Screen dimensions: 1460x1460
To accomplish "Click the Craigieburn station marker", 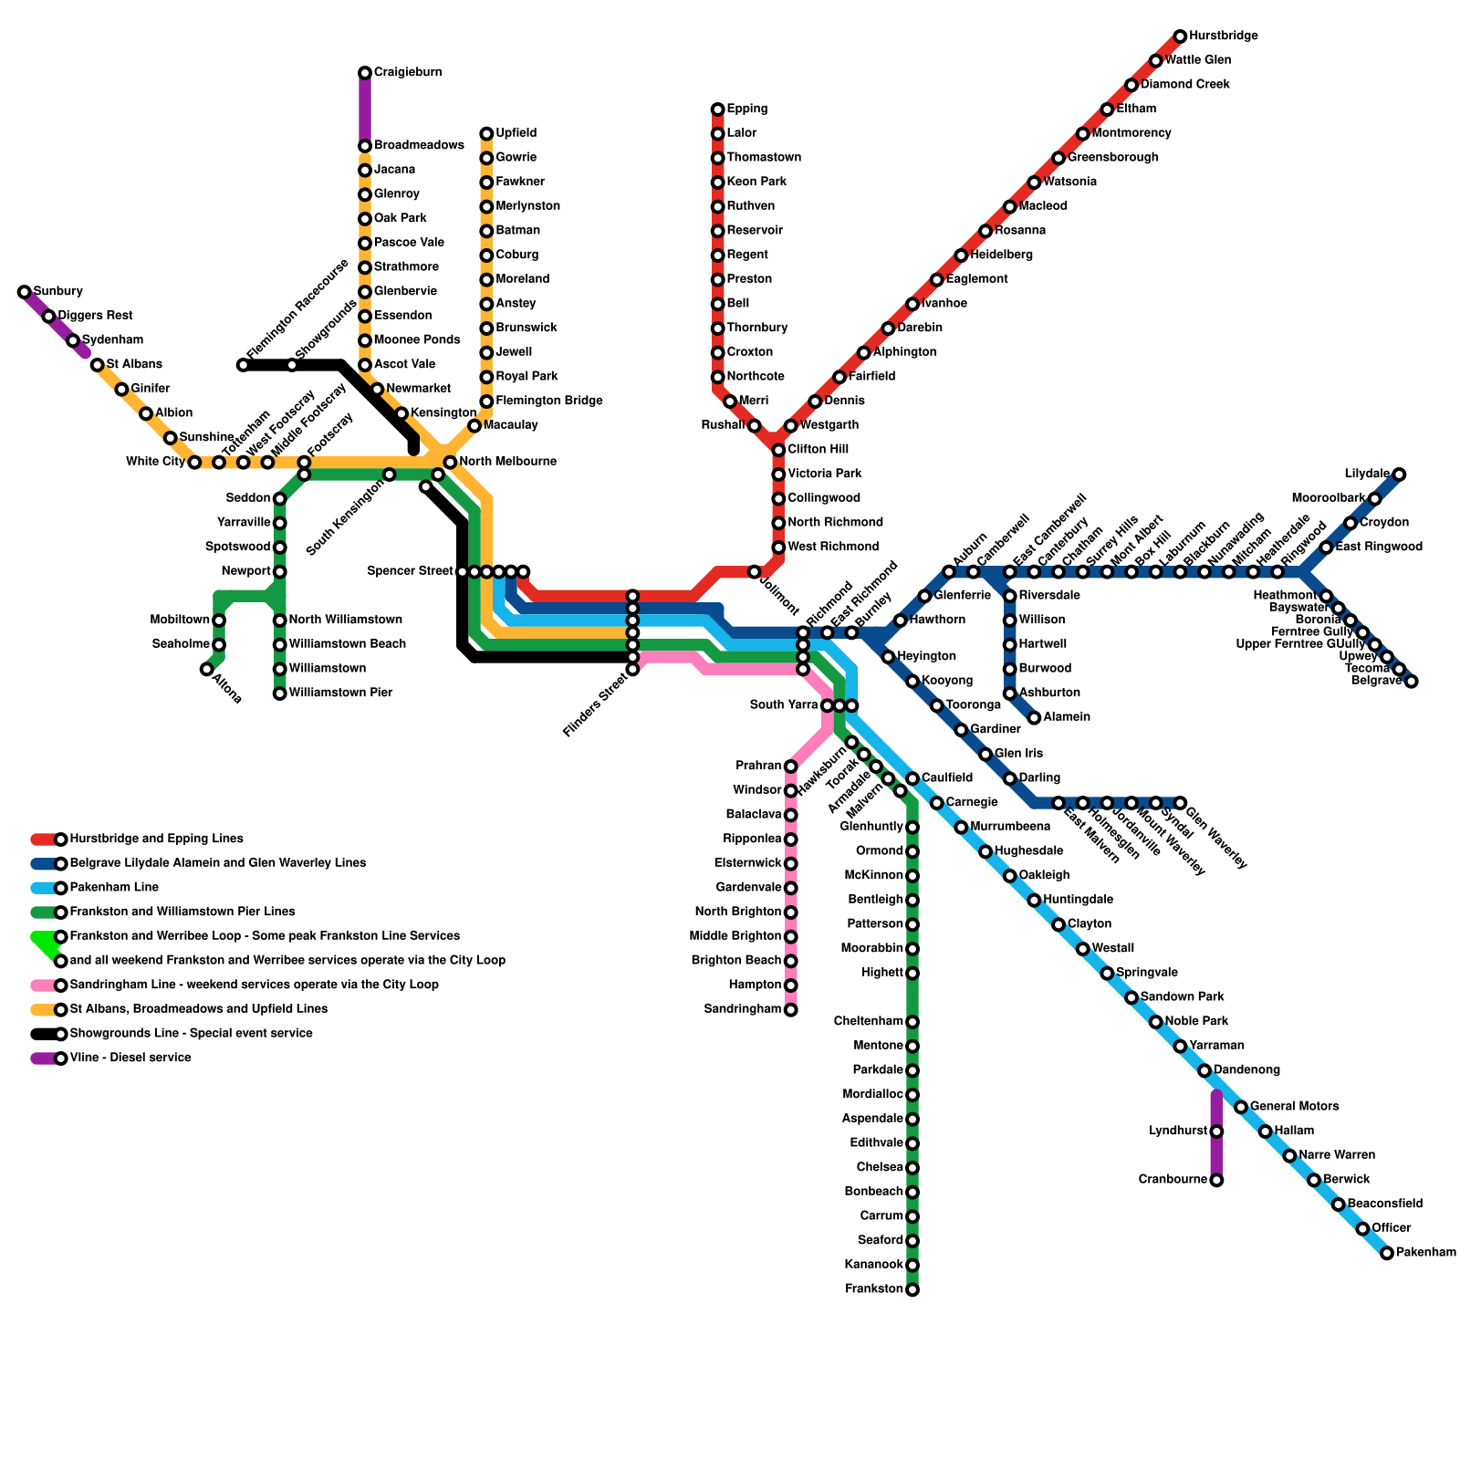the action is click(x=365, y=73).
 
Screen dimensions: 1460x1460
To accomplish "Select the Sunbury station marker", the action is click(x=25, y=292).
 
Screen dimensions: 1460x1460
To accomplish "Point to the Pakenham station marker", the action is click(x=1387, y=1254).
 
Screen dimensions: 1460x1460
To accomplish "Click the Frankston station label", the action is click(x=874, y=1289).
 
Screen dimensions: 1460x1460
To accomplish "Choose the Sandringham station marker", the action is click(x=791, y=1010).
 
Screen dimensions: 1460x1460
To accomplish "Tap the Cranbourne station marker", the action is click(x=1216, y=1181).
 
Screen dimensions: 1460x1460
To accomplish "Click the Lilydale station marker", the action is click(x=1400, y=474).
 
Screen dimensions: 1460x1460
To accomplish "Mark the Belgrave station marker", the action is click(x=1412, y=682).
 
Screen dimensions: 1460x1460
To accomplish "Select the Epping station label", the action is click(x=747, y=109).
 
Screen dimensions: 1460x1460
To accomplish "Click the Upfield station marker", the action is click(x=487, y=134).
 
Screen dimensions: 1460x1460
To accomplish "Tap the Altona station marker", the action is click(x=207, y=670).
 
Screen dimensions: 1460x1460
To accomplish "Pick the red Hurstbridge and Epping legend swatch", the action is click(x=44, y=839).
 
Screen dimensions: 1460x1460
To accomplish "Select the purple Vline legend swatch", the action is click(x=44, y=1058).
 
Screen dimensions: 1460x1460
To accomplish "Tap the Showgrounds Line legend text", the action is click(x=191, y=1034).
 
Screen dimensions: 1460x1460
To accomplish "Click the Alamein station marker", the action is click(x=1034, y=718).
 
